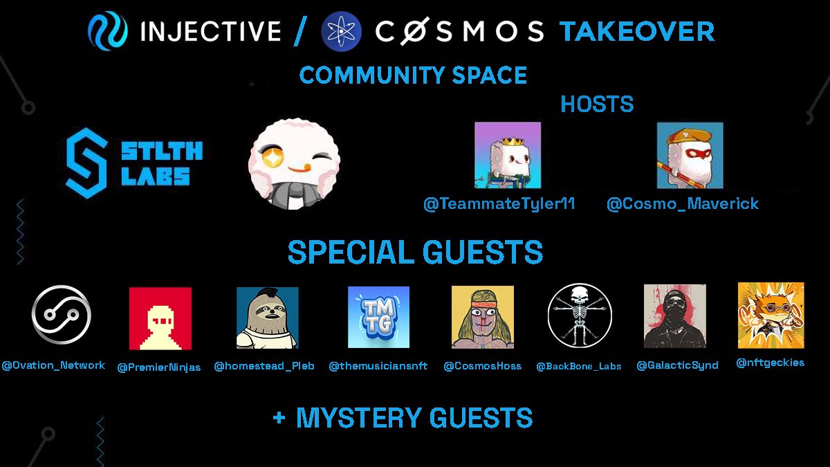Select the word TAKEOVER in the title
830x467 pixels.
point(637,31)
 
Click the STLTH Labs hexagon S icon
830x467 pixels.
point(86,164)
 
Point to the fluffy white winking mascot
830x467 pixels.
point(295,164)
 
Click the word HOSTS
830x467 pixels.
point(597,104)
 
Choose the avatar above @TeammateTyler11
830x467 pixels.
point(507,155)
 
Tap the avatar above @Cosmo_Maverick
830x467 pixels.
point(690,156)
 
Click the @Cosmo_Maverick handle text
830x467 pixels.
point(683,204)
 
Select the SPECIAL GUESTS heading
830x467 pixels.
point(415,253)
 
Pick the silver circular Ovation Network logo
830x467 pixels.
point(62,315)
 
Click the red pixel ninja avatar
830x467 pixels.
point(160,318)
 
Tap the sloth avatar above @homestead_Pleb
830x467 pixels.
point(267,318)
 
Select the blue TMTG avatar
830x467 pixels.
point(378,317)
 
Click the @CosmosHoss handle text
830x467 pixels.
point(482,365)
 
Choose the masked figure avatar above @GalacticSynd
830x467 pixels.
point(674,315)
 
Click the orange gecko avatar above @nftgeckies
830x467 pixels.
point(771,315)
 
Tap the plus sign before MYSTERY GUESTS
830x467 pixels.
point(279,419)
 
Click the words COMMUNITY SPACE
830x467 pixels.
point(413,75)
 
